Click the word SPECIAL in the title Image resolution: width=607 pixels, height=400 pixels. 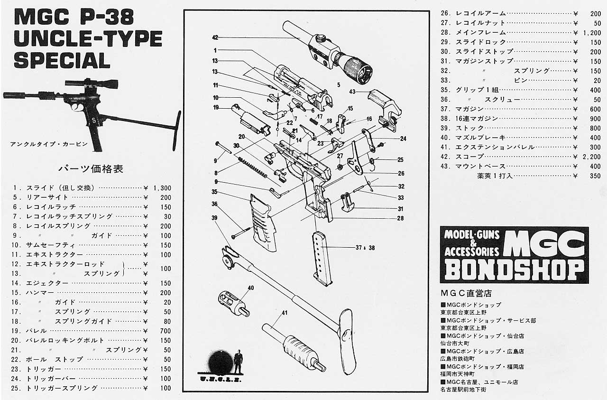click(x=62, y=60)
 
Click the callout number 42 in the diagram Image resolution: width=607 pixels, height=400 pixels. click(x=215, y=37)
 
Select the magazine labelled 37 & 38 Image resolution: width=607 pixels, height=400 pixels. click(x=322, y=259)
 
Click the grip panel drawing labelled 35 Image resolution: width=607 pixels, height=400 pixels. click(x=261, y=223)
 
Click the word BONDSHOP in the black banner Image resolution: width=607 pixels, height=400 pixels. click(x=514, y=270)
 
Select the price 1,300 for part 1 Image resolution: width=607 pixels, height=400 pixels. click(x=162, y=188)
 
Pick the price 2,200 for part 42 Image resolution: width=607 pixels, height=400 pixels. click(x=592, y=157)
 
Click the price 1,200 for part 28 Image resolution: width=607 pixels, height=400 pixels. click(x=592, y=33)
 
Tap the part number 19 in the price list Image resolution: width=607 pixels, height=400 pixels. click(x=16, y=331)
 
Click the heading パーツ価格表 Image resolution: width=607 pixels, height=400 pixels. click(x=91, y=168)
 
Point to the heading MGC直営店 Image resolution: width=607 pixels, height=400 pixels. click(x=466, y=293)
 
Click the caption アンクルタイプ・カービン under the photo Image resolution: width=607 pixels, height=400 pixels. click(x=49, y=144)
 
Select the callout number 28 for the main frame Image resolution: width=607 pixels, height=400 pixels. click(x=400, y=218)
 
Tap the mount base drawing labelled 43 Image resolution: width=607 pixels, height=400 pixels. click(x=384, y=109)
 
